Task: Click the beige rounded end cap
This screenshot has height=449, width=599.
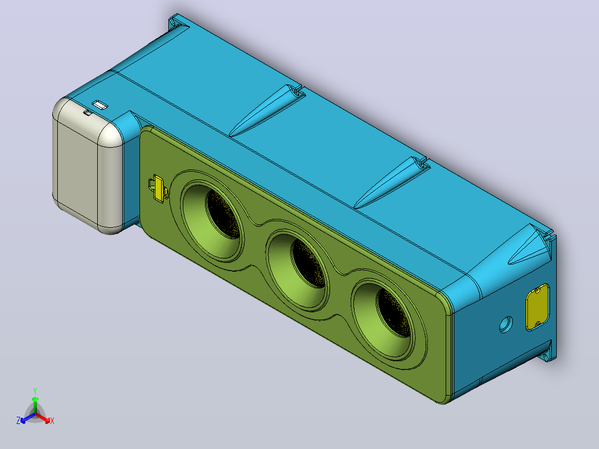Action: click(x=88, y=166)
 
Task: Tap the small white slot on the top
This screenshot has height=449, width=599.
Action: click(x=101, y=104)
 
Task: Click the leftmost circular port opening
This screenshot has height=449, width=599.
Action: click(x=212, y=222)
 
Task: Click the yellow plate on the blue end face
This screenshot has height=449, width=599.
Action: click(x=537, y=307)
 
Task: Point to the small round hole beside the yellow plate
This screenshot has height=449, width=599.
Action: click(x=506, y=325)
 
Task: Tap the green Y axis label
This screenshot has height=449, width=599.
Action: click(x=35, y=391)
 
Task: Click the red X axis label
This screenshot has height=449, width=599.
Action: click(x=52, y=421)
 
